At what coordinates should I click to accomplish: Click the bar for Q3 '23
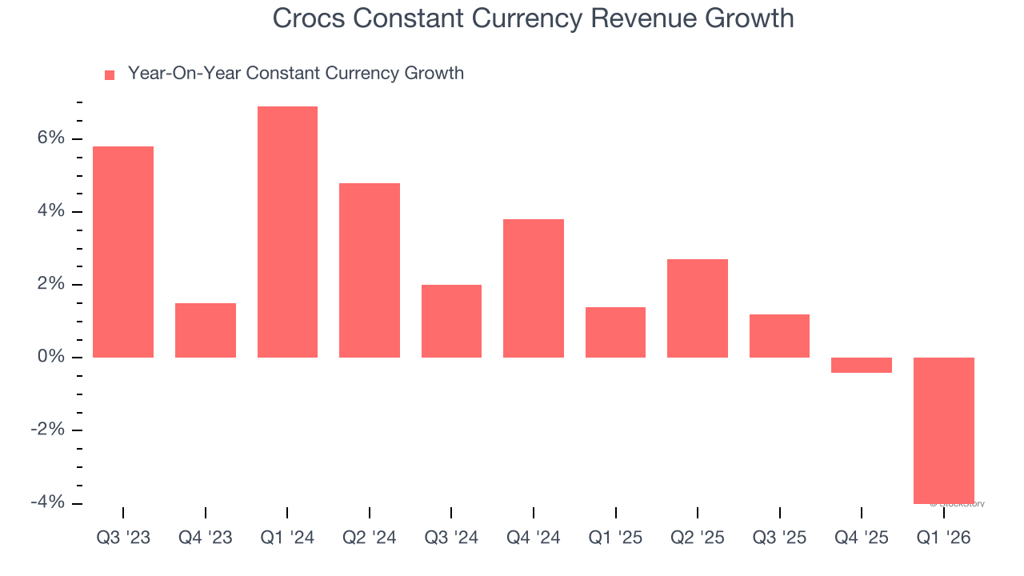[123, 252]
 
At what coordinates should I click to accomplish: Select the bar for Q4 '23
[206, 330]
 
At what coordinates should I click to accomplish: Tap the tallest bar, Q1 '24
[287, 232]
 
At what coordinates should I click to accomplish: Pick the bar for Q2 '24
[370, 270]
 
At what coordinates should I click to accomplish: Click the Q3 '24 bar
[451, 321]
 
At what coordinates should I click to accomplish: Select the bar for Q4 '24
[534, 288]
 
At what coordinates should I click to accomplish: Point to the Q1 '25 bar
[615, 332]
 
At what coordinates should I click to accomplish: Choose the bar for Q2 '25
[698, 308]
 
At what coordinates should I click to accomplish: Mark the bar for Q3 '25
[779, 336]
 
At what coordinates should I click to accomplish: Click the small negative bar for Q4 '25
[862, 365]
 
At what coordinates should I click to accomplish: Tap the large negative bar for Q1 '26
[944, 430]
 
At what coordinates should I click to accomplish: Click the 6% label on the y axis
[50, 138]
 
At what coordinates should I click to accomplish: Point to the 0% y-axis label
[50, 357]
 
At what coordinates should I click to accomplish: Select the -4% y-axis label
[47, 502]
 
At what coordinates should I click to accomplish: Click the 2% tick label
[50, 284]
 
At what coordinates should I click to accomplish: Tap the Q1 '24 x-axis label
[287, 538]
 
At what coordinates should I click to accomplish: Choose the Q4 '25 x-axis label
[862, 538]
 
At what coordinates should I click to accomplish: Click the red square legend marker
[110, 75]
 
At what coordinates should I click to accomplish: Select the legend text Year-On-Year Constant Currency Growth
[296, 74]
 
